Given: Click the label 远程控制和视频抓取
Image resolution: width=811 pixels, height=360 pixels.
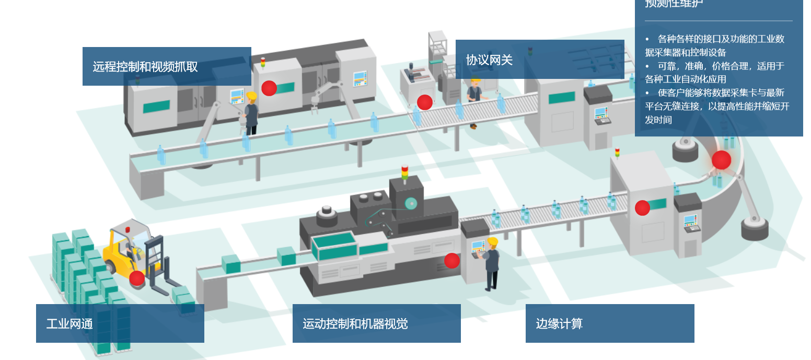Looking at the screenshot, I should click(145, 67).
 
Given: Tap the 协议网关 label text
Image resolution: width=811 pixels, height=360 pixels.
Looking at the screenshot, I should click(489, 60).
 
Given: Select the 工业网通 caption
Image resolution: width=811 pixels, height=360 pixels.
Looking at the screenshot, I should click(69, 324).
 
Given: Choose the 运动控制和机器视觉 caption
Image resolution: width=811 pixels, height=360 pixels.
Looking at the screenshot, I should click(355, 324).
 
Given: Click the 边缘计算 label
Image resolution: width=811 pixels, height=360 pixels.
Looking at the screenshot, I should click(559, 324).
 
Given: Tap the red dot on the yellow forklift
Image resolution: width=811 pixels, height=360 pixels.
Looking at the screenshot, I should click(137, 278).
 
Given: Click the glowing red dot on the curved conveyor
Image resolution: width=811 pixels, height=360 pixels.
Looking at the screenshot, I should click(721, 160).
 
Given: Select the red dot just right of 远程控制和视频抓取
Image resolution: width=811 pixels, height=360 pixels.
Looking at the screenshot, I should click(269, 88).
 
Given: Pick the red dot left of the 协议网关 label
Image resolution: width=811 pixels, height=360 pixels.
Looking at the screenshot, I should click(425, 102).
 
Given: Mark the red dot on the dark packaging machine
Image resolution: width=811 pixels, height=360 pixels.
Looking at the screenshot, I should click(452, 261).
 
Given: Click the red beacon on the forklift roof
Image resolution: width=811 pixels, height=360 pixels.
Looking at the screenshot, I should click(127, 230).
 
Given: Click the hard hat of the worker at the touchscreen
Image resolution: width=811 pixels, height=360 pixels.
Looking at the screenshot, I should click(492, 242).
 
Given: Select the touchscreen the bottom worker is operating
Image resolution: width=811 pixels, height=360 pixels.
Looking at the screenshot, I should click(477, 247).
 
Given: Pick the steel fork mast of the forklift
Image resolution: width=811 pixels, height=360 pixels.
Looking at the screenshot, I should click(155, 259).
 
